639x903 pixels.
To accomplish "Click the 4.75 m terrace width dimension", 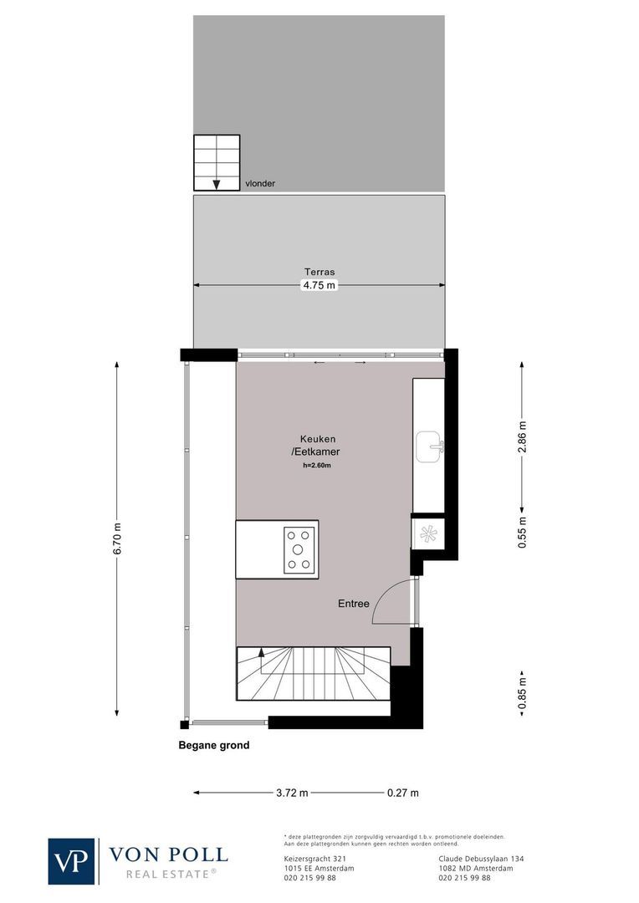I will [319, 285].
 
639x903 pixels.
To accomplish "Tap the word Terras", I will [319, 272].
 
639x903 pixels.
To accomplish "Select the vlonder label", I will [260, 183].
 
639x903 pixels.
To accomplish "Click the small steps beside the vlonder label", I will [217, 162].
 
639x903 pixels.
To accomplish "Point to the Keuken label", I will [318, 439].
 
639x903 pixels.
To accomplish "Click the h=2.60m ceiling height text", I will [318, 466].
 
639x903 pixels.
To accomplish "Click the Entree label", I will [353, 603].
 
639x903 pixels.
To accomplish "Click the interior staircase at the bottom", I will [314, 674].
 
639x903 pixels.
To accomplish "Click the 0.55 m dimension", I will [522, 533].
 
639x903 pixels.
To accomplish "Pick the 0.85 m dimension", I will [522, 693].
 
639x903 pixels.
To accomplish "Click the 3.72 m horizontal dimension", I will [293, 793].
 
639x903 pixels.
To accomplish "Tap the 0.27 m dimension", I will [402, 793].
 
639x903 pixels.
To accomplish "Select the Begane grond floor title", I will [213, 746].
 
